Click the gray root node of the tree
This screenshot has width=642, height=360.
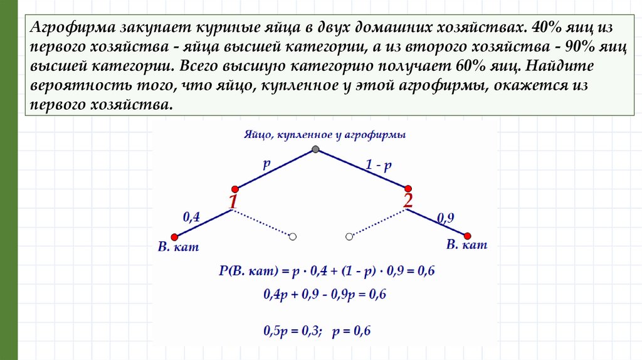pyautogui.click(x=315, y=149)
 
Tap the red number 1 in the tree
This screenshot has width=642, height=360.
pyautogui.click(x=233, y=202)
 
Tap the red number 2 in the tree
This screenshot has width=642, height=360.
pyautogui.click(x=408, y=201)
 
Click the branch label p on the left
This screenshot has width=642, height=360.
pyautogui.click(x=266, y=164)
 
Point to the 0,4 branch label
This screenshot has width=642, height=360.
pyautogui.click(x=191, y=218)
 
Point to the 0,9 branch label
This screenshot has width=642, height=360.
pyautogui.click(x=445, y=218)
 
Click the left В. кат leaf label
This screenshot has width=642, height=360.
pyautogui.click(x=178, y=247)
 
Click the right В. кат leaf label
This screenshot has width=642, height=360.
pyautogui.click(x=466, y=245)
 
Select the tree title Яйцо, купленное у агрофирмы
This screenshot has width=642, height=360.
pyautogui.click(x=324, y=135)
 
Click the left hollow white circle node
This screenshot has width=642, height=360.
pyautogui.click(x=292, y=236)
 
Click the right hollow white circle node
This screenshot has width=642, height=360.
pyautogui.click(x=349, y=236)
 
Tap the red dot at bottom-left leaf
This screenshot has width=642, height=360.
pyautogui.click(x=175, y=236)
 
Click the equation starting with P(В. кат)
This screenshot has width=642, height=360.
pyautogui.click(x=327, y=272)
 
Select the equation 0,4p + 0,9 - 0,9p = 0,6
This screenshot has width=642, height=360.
pyautogui.click(x=324, y=294)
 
